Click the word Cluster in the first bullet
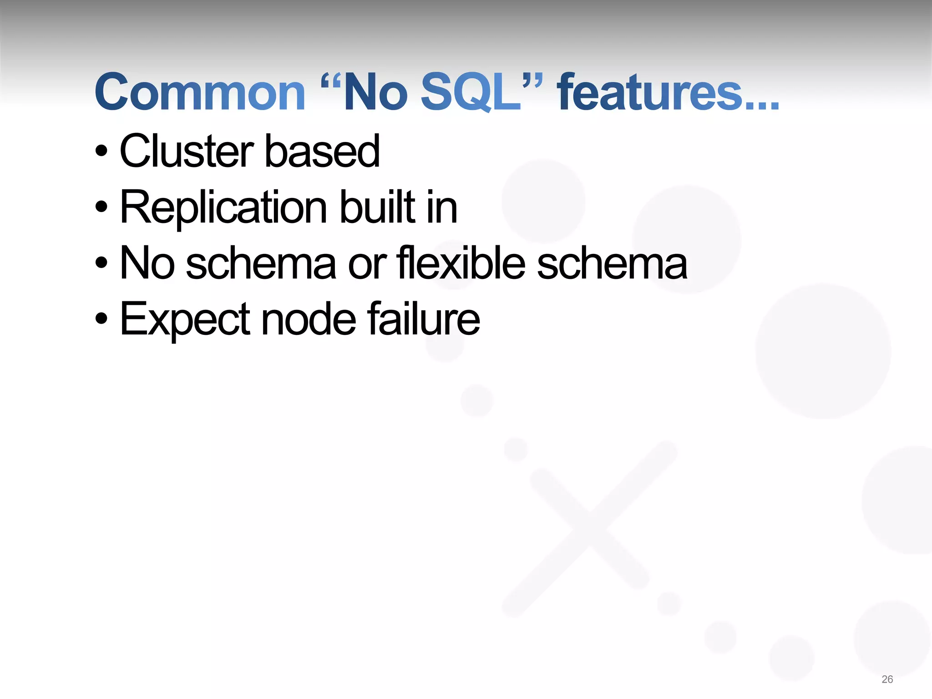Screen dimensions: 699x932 click(187, 151)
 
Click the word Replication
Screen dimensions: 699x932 click(223, 208)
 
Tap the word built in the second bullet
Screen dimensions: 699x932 click(378, 208)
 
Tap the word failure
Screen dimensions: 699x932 click(423, 319)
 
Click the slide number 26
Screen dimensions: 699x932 click(887, 679)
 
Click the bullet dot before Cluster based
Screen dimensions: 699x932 click(102, 151)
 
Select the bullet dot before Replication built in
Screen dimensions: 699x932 click(102, 208)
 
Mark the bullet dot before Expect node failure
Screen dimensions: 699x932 click(102, 319)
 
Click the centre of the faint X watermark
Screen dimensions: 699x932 click(590, 528)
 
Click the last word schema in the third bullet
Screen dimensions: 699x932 click(612, 264)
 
